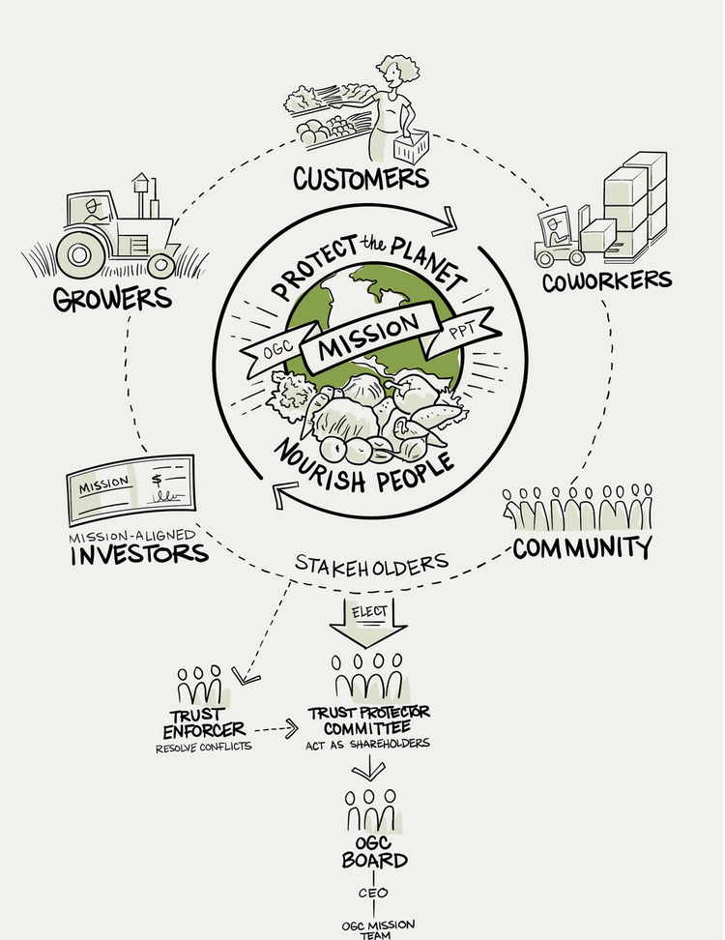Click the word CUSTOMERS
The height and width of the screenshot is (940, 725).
[x=361, y=178]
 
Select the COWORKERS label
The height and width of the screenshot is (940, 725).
[x=606, y=280]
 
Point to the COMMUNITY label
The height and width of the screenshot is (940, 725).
[x=582, y=546]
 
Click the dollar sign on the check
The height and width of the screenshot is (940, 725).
[x=158, y=482]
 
